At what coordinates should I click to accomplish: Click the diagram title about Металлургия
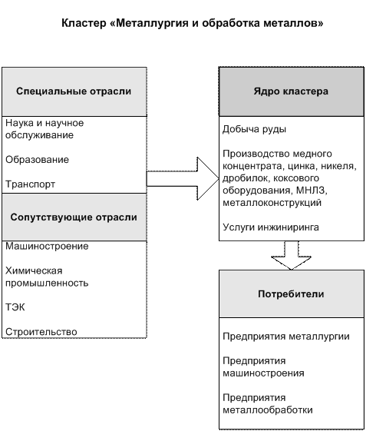point(192,23)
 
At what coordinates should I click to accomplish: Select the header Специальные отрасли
point(74,91)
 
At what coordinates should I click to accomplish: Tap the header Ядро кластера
point(291,91)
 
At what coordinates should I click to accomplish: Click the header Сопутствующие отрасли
point(74,217)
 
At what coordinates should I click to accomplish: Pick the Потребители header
point(291,294)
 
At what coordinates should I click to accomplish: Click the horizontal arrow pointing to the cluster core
point(183,179)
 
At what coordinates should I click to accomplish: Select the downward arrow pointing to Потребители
point(292,255)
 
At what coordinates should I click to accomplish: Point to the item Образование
point(37,160)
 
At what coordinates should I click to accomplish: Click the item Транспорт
point(30,184)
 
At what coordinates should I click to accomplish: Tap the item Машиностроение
point(47,247)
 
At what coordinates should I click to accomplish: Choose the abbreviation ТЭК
point(15,307)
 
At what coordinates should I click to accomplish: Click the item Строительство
point(41,332)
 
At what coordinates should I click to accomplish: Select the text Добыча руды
point(254,129)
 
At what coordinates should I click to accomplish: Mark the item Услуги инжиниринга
point(271,227)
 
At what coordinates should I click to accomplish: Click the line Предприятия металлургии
point(286,337)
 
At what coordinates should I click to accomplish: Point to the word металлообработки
point(268,410)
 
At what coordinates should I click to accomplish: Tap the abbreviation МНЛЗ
point(312,191)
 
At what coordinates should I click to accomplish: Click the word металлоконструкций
point(272,203)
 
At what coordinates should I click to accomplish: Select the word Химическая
point(34,271)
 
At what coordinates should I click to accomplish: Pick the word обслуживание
point(40,135)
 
